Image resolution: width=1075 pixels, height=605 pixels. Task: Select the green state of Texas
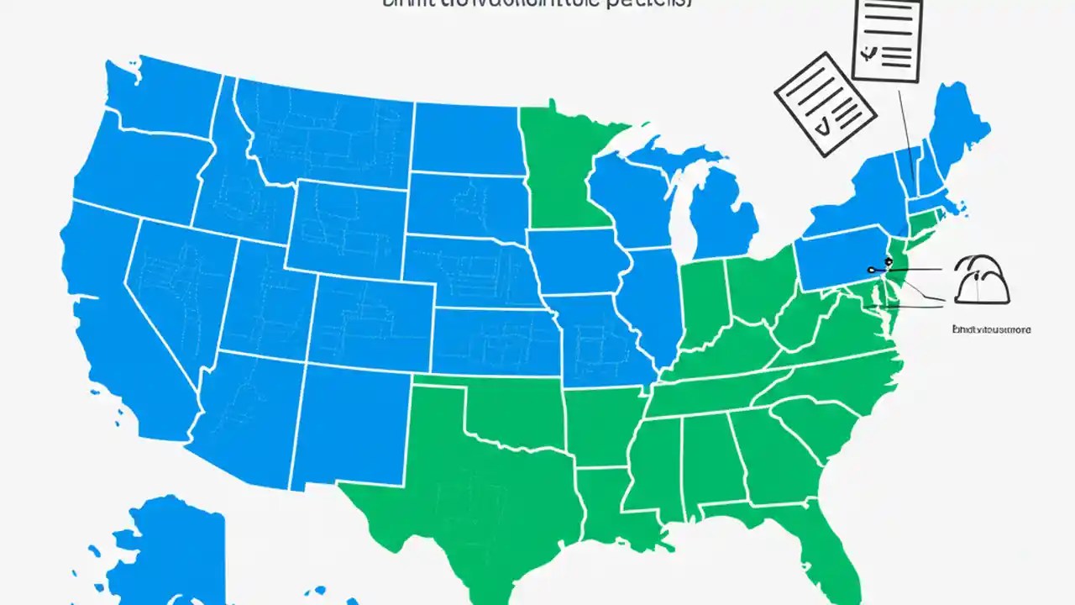point(470,471)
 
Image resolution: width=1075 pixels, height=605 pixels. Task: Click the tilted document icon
point(825,103)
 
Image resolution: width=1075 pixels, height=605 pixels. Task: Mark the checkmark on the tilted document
point(824,126)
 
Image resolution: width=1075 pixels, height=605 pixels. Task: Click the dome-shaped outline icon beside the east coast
point(982,281)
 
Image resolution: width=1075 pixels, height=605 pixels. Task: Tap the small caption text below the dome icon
point(991,330)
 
